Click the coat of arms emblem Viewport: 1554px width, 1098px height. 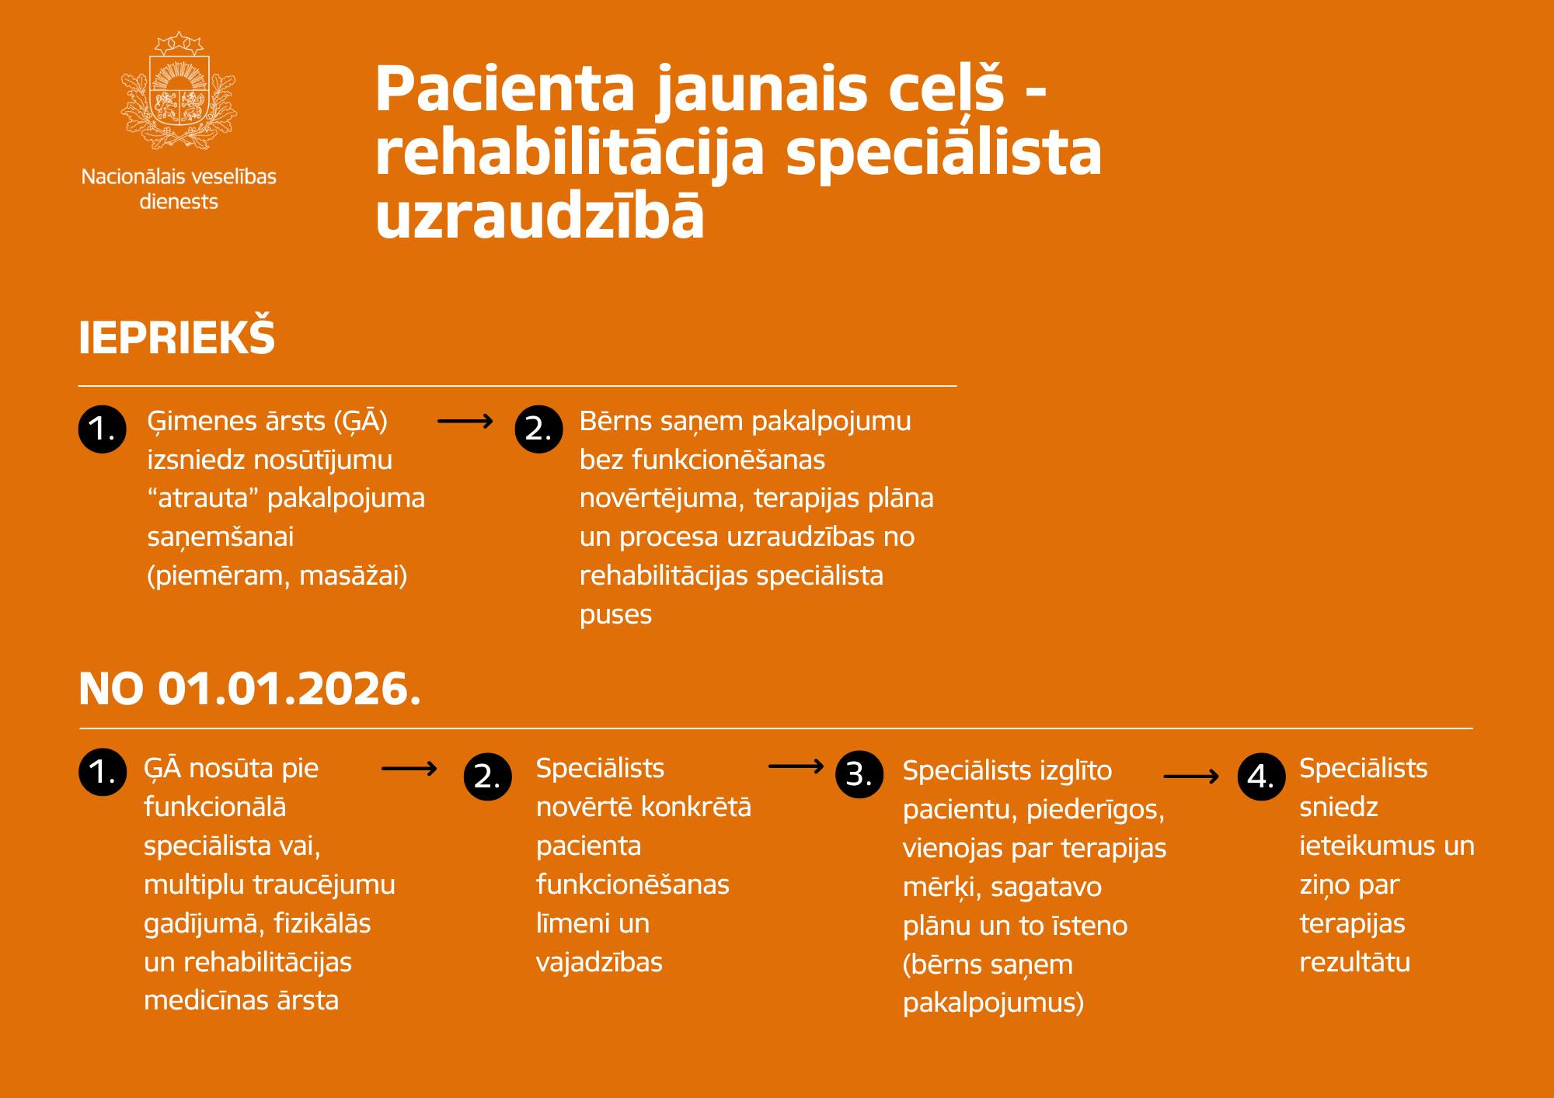(179, 90)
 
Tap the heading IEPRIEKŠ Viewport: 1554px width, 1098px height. (177, 337)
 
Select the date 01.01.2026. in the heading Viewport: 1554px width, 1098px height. (290, 689)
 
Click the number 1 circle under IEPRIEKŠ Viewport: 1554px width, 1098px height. (103, 429)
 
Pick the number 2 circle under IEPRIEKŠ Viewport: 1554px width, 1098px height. (539, 429)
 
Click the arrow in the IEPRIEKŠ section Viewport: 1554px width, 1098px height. (465, 421)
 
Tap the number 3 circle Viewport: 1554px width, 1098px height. (859, 774)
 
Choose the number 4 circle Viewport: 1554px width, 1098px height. (1262, 776)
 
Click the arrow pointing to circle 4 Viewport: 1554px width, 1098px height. (1191, 776)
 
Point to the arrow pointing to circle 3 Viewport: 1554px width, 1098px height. (796, 766)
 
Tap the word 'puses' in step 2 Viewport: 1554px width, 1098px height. (615, 615)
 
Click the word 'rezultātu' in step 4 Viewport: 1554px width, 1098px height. (1355, 962)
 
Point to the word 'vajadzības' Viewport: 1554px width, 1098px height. (599, 963)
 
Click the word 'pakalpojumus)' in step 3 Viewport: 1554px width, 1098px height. (993, 1003)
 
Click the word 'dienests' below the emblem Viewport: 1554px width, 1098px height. (179, 202)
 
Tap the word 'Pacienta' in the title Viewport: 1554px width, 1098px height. (506, 89)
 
